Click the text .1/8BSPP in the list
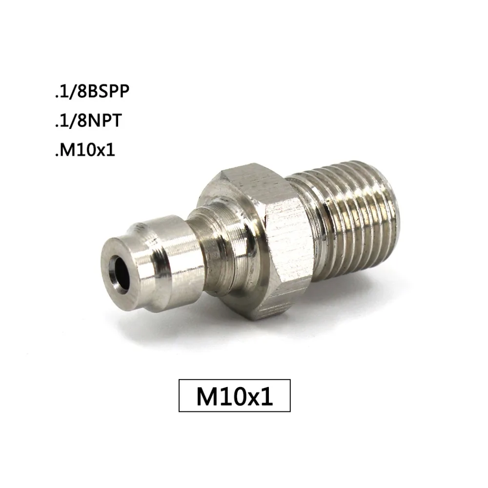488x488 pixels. tap(92, 92)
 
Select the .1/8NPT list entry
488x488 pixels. tap(88, 121)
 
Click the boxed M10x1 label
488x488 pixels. tap(235, 396)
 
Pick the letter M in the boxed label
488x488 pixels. tap(206, 396)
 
